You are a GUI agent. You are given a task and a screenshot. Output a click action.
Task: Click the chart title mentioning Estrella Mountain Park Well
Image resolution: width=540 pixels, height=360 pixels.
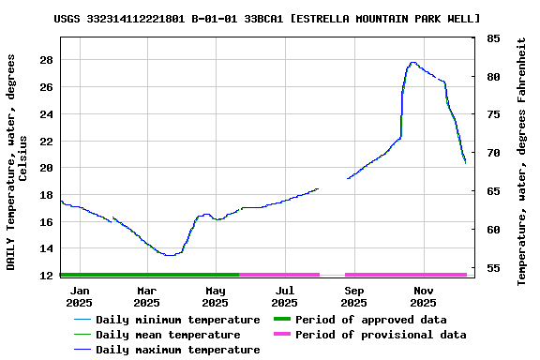tap(267, 18)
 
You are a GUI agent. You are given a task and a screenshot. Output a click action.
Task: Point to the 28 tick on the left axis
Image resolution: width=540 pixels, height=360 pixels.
tap(45, 60)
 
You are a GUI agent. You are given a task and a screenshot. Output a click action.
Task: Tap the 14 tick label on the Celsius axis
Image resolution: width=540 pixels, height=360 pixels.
tap(45, 249)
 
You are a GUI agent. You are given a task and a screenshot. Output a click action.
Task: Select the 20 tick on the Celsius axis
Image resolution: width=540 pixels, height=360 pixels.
tap(45, 168)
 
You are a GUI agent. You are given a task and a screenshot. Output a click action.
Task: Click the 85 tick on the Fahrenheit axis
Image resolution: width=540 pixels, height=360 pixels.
tap(493, 38)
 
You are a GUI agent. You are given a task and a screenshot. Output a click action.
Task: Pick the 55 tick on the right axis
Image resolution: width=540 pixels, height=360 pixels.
tap(493, 268)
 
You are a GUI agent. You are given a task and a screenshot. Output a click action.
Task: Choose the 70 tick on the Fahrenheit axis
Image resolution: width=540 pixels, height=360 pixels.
tap(493, 153)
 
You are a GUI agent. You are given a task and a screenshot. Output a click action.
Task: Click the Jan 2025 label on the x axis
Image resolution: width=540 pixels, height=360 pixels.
tap(79, 296)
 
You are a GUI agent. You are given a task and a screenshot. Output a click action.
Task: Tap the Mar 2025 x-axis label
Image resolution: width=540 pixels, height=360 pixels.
tap(147, 296)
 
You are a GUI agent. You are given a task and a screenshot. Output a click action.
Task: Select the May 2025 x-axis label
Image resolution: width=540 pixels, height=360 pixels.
tap(216, 296)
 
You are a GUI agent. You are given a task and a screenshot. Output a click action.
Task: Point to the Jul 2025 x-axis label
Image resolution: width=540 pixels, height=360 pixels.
tap(285, 296)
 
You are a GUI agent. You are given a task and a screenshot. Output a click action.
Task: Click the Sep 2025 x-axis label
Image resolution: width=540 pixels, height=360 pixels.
tap(353, 296)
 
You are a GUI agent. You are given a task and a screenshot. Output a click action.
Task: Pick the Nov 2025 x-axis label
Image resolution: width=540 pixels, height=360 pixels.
tap(423, 296)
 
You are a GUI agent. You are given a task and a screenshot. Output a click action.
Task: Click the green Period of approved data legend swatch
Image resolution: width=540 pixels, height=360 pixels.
tap(281, 320)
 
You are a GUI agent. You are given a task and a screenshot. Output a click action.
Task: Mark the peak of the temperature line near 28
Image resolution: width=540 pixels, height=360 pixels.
tap(412, 63)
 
